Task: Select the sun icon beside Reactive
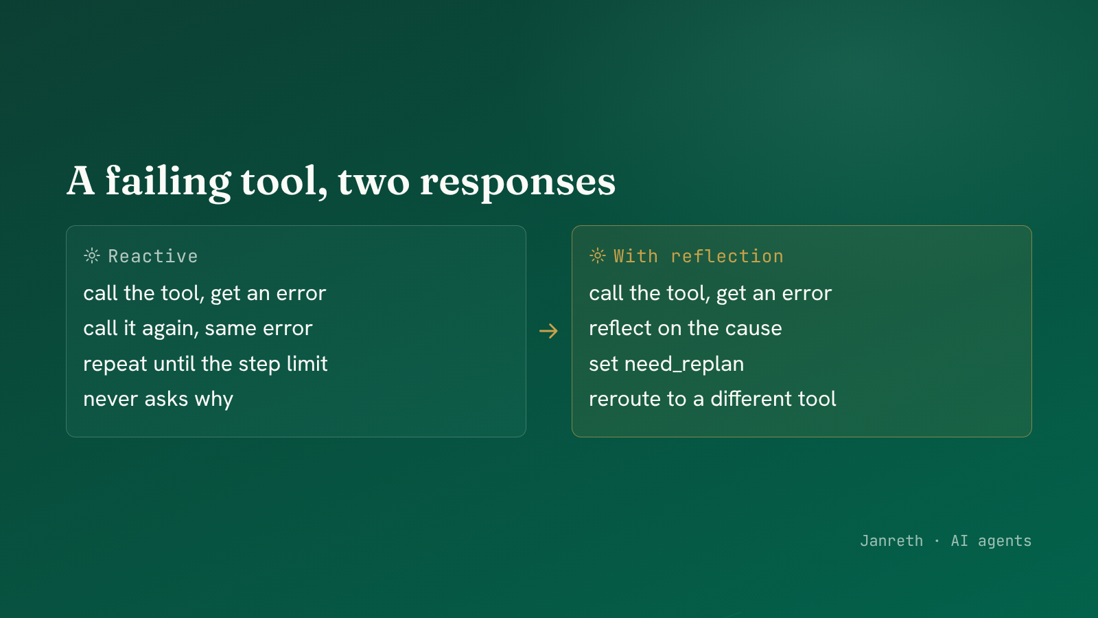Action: pos(92,256)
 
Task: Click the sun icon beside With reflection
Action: pos(598,256)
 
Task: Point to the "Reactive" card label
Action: pos(153,256)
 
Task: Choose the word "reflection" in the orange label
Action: pos(727,256)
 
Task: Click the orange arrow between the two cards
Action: pos(548,331)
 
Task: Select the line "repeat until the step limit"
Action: pos(205,364)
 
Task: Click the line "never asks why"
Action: pos(159,399)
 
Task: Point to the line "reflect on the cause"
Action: pos(686,328)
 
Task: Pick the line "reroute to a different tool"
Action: pos(713,399)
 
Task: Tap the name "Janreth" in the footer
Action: pos(891,541)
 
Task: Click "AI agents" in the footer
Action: pos(991,541)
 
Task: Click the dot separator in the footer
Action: pos(937,541)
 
